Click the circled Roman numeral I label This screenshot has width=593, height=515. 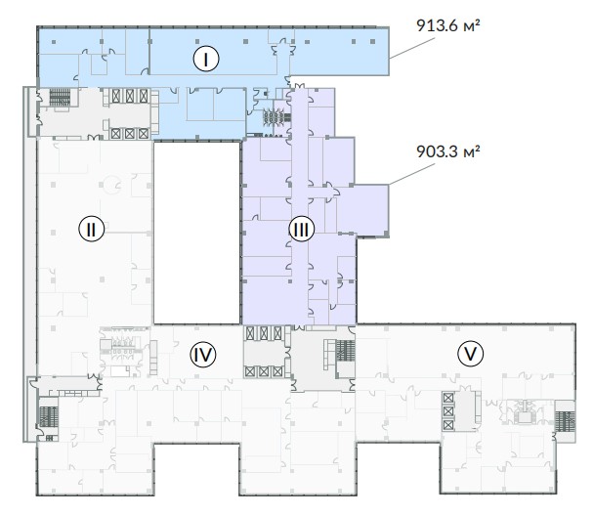pos(206,59)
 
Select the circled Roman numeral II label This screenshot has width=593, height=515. pos(91,229)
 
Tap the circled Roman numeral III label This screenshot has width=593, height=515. pos(302,229)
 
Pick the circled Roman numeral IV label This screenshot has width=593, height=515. pos(202,355)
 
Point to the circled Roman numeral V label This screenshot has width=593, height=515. pos(471,354)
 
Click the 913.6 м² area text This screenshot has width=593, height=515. pos(448,25)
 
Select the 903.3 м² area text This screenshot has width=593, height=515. pos(448,151)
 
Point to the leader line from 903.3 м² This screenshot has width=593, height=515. pos(412,174)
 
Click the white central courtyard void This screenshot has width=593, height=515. pos(196,233)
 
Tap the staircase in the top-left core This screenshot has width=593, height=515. pos(60,98)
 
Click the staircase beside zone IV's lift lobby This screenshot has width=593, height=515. pos(345,351)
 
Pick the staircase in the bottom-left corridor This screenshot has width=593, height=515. pos(49,416)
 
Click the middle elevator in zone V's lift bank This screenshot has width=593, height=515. pos(448,411)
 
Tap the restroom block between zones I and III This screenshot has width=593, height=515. pos(274,117)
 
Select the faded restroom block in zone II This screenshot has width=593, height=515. pos(122,348)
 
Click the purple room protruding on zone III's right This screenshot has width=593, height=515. pos(363,209)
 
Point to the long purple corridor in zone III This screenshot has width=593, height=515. pos(300,206)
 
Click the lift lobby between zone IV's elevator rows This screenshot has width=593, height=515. pos(264,353)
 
